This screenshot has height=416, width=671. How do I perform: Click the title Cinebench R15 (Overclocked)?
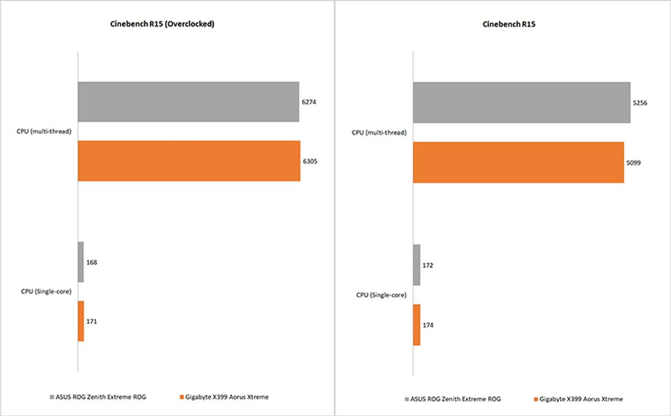point(162,24)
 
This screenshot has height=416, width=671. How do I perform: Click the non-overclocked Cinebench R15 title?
point(509,24)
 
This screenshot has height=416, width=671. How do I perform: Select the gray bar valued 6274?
point(188,102)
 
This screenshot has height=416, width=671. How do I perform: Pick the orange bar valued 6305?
point(189,161)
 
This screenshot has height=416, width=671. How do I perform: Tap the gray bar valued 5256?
point(522,102)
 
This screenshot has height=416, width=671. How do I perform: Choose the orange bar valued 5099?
point(518,162)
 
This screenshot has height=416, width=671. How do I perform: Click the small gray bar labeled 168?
point(81,262)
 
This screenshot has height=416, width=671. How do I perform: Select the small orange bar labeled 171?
point(81,321)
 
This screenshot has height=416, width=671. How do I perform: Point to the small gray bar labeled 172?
point(417,265)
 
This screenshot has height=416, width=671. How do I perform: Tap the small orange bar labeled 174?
point(417,325)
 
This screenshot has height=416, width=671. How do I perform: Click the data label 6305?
point(310,161)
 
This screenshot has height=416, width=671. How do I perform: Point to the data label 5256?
point(640,103)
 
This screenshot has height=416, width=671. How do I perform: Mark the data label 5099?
point(633,163)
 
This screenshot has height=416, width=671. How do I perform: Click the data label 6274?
point(309,102)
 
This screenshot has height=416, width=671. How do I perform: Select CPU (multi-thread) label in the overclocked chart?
point(44,131)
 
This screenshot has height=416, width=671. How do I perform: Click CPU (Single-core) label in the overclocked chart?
point(46,291)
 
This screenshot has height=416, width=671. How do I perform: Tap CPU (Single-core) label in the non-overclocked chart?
point(381,295)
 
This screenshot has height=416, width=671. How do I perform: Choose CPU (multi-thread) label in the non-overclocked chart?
point(379,132)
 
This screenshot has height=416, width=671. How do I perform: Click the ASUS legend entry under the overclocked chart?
point(98,397)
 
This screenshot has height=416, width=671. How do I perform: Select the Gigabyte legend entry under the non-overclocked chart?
point(578,399)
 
